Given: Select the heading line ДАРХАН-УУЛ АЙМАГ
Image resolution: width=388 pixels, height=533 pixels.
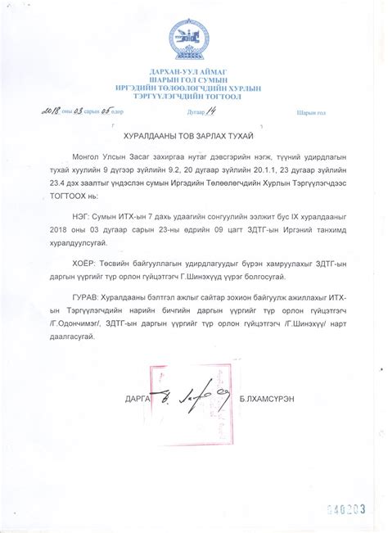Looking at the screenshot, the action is pos(193,72).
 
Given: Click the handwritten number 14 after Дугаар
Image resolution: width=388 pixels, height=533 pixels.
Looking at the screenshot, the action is pos(217,110).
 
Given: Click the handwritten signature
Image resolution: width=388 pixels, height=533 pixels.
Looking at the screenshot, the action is pos(180,398).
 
